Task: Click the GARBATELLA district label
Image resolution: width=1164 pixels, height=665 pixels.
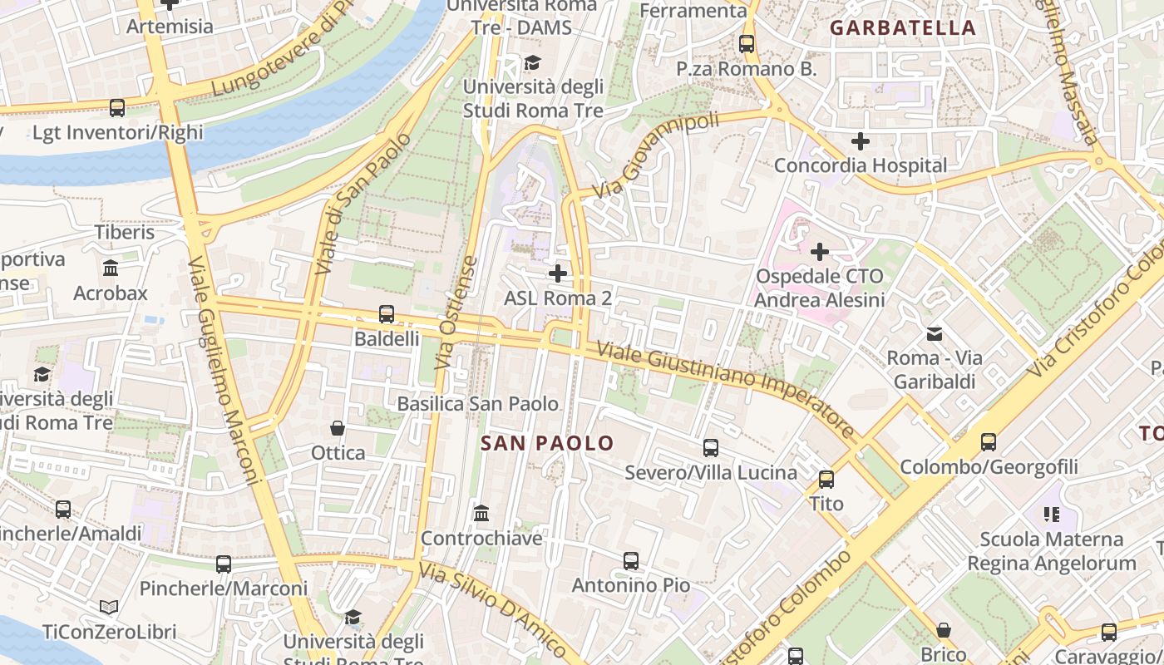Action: coord(903,27)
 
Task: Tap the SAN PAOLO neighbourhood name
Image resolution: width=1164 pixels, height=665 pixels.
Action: coord(547,443)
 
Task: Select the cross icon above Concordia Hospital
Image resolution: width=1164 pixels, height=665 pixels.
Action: coord(861,141)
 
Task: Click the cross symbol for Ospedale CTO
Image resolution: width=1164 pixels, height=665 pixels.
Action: coord(820,251)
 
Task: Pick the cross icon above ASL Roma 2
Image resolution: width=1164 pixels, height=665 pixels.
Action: coord(558,273)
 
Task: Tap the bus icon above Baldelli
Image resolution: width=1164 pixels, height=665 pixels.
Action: coord(387,314)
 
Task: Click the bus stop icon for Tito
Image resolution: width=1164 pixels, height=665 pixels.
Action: coord(826,480)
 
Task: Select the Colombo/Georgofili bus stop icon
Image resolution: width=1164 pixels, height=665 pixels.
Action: coord(988,442)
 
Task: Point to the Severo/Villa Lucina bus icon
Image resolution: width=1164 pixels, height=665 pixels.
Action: coord(711,448)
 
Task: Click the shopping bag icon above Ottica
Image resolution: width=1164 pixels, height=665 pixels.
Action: coord(338,428)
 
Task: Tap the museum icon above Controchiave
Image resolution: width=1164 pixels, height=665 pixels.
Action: coord(481,514)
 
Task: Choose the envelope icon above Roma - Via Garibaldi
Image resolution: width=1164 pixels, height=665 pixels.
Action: coord(935,334)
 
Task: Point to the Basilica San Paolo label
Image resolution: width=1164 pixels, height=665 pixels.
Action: coord(478,404)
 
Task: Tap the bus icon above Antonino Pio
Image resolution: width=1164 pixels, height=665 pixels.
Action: coord(631,561)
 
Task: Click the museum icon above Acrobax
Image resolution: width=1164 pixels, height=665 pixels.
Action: coord(110,268)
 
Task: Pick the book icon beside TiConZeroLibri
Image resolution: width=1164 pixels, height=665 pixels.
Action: coord(109,608)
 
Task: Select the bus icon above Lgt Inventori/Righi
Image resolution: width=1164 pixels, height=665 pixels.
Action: coord(117,108)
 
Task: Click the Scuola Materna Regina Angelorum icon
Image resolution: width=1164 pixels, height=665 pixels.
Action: coord(1052,515)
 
